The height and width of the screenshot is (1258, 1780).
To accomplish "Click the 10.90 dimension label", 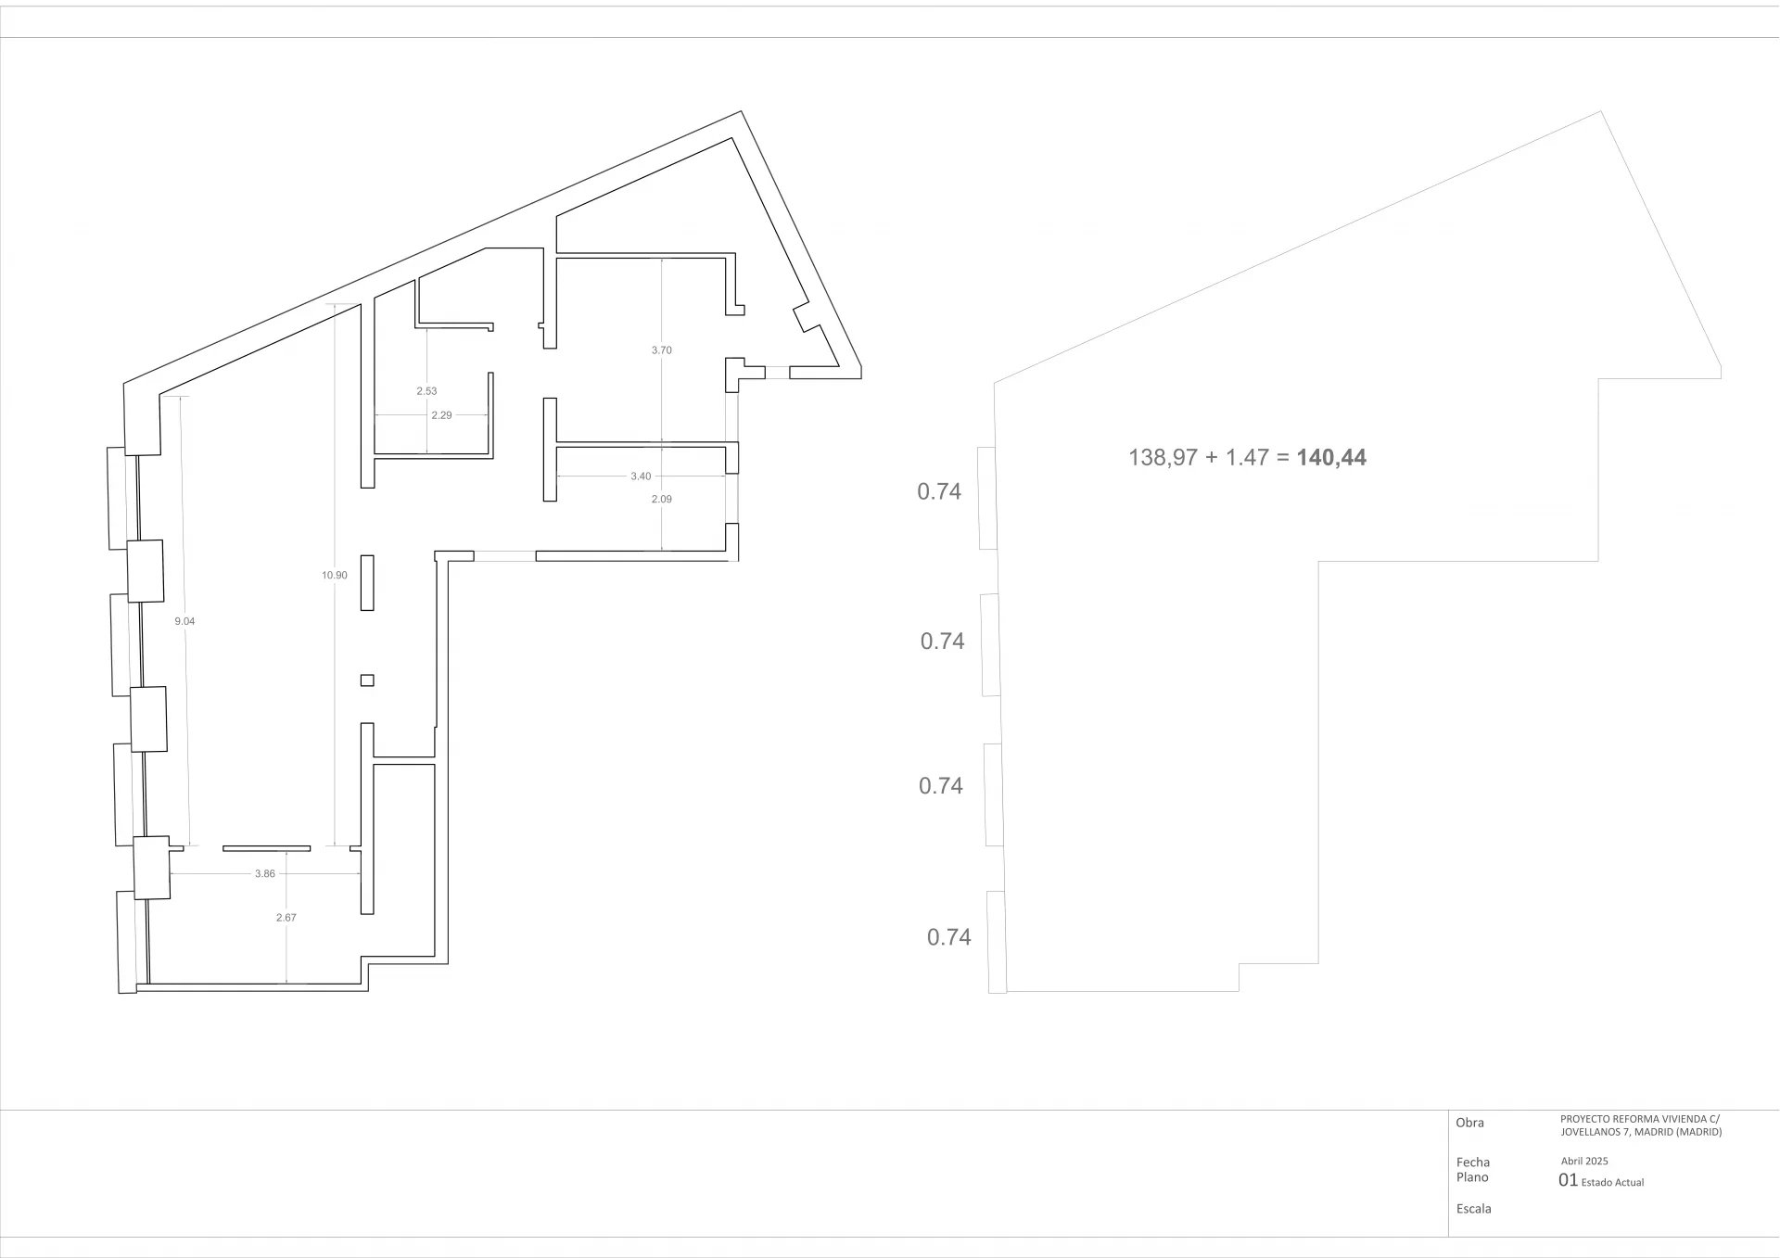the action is click(335, 576).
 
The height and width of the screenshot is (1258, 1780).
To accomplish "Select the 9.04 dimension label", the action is click(185, 621).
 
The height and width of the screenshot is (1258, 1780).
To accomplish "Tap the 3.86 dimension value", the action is click(265, 873).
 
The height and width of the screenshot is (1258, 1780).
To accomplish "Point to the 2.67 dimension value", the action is click(286, 918).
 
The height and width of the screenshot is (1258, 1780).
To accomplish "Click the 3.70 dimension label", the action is click(662, 350).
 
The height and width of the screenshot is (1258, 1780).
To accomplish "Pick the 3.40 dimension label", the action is click(641, 477).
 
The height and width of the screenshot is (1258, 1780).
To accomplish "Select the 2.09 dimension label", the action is click(662, 499).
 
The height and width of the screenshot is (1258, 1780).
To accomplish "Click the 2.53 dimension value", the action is click(426, 391).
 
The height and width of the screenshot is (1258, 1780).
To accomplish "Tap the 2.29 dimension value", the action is click(442, 415).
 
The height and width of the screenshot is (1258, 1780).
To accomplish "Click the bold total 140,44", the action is click(1331, 457).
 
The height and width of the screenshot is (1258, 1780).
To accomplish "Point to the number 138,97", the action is click(1163, 457).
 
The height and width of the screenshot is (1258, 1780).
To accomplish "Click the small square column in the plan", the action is click(367, 680).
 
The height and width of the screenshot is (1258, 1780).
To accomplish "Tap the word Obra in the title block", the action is click(1470, 1123).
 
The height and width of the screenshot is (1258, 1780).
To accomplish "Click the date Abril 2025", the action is click(1584, 1161).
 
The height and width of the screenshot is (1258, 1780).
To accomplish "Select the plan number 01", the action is click(1569, 1180).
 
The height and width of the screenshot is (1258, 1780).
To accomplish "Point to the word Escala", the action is click(1474, 1209).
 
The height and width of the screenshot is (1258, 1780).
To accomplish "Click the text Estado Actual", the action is click(1613, 1182).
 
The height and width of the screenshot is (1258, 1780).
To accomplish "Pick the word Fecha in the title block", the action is click(1473, 1163).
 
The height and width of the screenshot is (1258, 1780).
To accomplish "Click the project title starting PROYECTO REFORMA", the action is click(1641, 1125).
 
